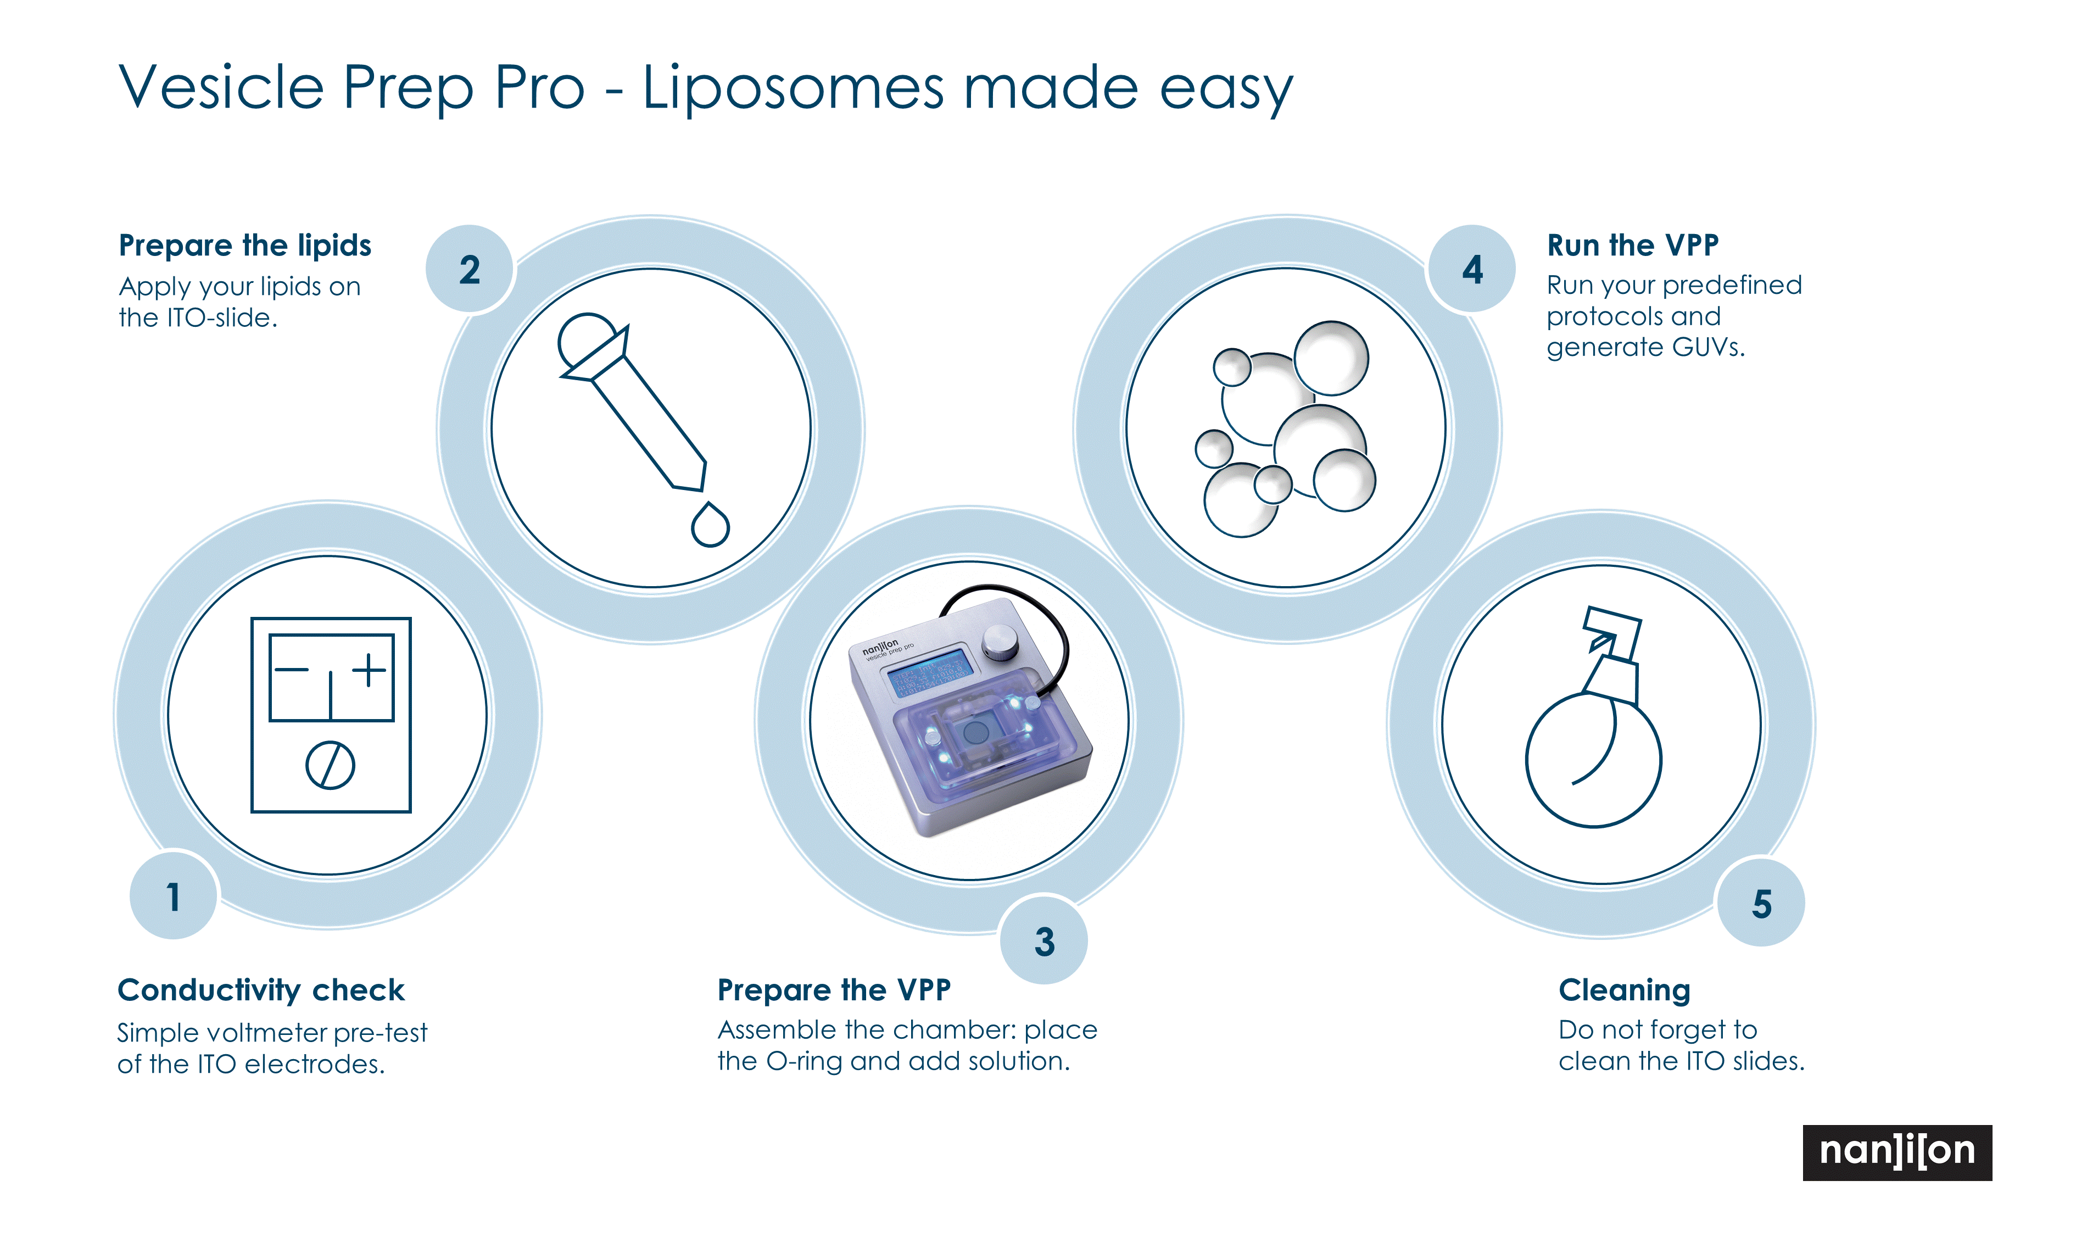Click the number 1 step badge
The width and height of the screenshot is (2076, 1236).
(x=173, y=896)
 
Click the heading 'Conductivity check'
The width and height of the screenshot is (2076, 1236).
(x=261, y=989)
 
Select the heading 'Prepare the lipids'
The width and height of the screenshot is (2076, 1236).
(x=245, y=246)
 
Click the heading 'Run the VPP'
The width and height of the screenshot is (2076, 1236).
(x=1632, y=245)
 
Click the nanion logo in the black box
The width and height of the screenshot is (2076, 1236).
(x=1897, y=1153)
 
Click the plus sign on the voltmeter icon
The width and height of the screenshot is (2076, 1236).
(x=370, y=670)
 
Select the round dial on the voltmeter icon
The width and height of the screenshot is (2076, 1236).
(x=331, y=765)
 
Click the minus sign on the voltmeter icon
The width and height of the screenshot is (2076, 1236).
(x=292, y=670)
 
